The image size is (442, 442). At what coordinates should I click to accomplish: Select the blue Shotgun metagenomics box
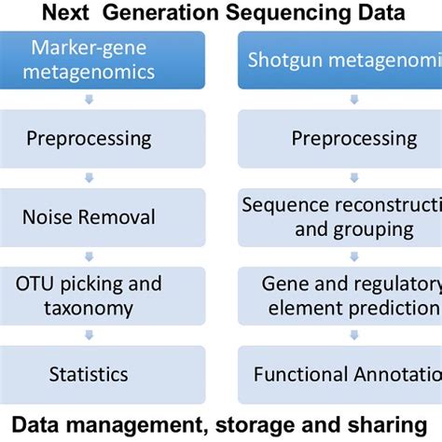coord(340,59)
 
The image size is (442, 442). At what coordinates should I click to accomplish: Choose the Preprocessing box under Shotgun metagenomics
coord(340,138)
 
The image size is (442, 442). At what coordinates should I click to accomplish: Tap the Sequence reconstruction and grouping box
coord(340,216)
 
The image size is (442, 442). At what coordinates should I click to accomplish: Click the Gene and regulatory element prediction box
coord(340,295)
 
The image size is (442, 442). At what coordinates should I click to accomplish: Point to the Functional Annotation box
coord(340,374)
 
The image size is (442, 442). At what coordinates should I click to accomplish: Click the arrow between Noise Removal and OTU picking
coord(89,256)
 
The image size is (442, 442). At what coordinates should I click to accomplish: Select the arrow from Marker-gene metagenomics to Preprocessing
coord(89,99)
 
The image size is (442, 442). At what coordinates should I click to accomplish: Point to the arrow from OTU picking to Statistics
coord(89,335)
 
